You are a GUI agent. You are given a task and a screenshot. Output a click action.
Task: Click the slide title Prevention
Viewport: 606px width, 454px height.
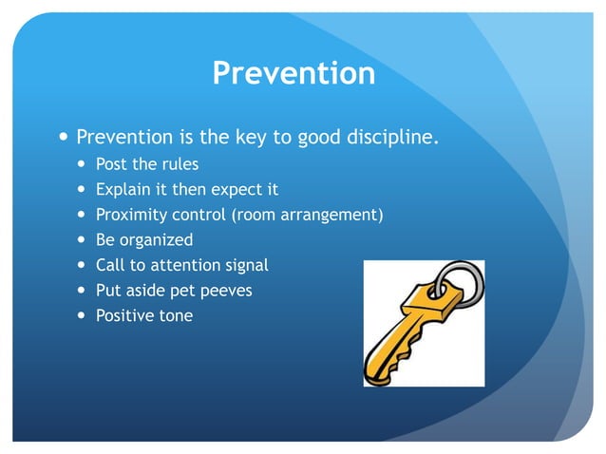coord(294,73)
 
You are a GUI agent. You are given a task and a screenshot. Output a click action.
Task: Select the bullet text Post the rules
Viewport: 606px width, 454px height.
coord(146,164)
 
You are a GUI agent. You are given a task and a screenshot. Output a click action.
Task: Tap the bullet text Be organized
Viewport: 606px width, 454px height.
coord(144,239)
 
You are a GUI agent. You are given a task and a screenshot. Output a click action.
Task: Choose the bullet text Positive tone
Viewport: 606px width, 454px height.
coord(143,315)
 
